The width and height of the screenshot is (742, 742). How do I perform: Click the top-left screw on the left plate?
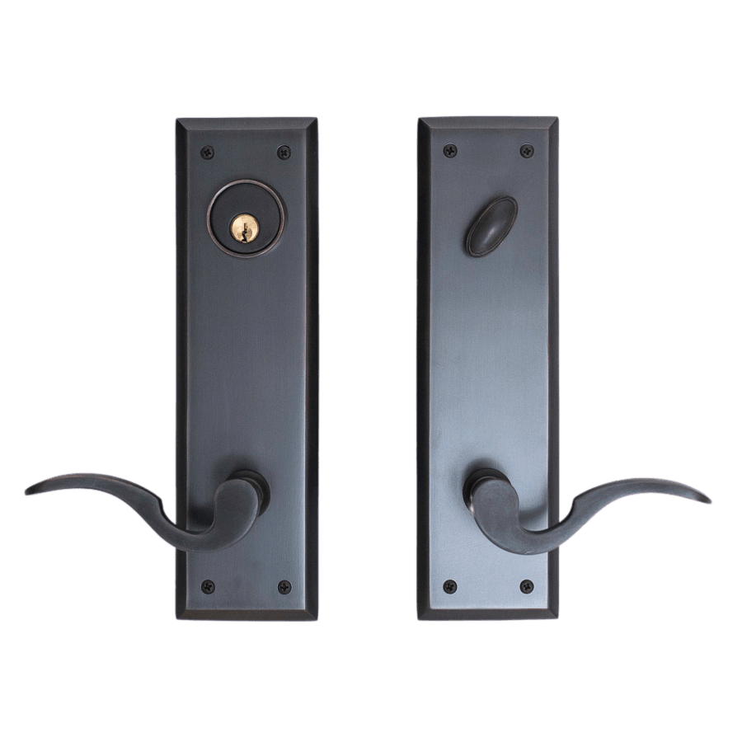(206, 152)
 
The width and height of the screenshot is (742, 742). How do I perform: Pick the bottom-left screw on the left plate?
(206, 587)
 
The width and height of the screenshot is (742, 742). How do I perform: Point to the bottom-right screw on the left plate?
(284, 587)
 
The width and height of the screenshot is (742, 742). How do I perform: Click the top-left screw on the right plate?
(449, 151)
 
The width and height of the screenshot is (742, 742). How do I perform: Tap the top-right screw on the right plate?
(527, 151)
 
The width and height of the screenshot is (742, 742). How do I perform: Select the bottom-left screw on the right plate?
(449, 586)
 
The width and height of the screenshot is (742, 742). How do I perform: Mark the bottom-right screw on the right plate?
(527, 586)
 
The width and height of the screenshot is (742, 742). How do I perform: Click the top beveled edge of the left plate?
(246, 124)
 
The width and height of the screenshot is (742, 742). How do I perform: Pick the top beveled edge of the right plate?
(488, 124)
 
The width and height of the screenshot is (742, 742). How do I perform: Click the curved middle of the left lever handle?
(157, 503)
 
